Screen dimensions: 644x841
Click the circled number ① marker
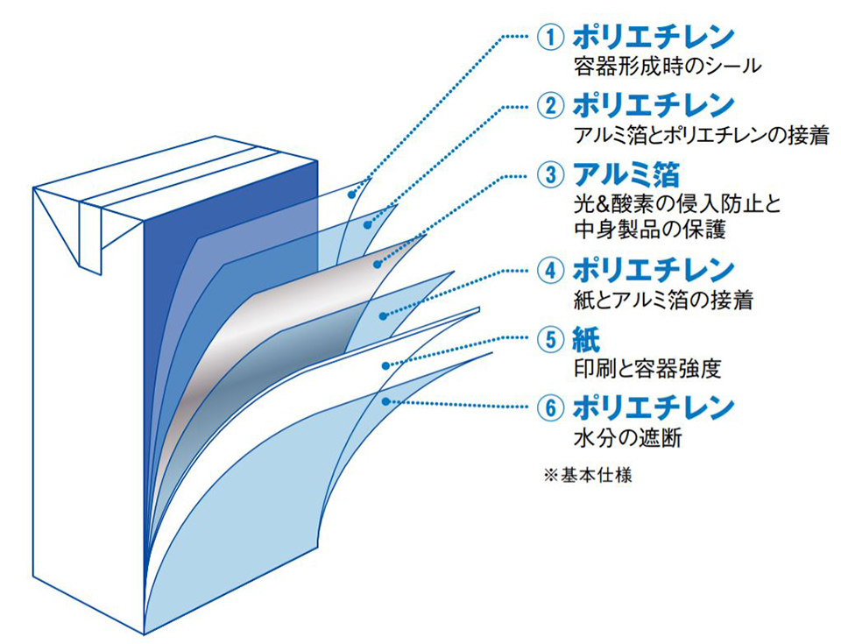[x=549, y=38]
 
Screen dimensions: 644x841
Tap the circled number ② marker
[x=549, y=106]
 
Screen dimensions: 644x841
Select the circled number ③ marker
[x=549, y=173]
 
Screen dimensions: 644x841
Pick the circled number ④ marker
[x=549, y=270]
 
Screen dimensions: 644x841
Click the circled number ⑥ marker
[x=549, y=407]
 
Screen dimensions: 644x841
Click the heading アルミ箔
[x=625, y=173]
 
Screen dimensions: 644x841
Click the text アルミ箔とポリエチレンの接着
[x=700, y=134]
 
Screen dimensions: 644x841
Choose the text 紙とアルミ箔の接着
[x=662, y=299]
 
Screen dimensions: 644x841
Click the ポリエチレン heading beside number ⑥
[x=653, y=407]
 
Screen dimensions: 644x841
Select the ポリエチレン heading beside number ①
[x=653, y=38]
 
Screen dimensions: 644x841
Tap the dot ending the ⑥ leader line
[x=385, y=401]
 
